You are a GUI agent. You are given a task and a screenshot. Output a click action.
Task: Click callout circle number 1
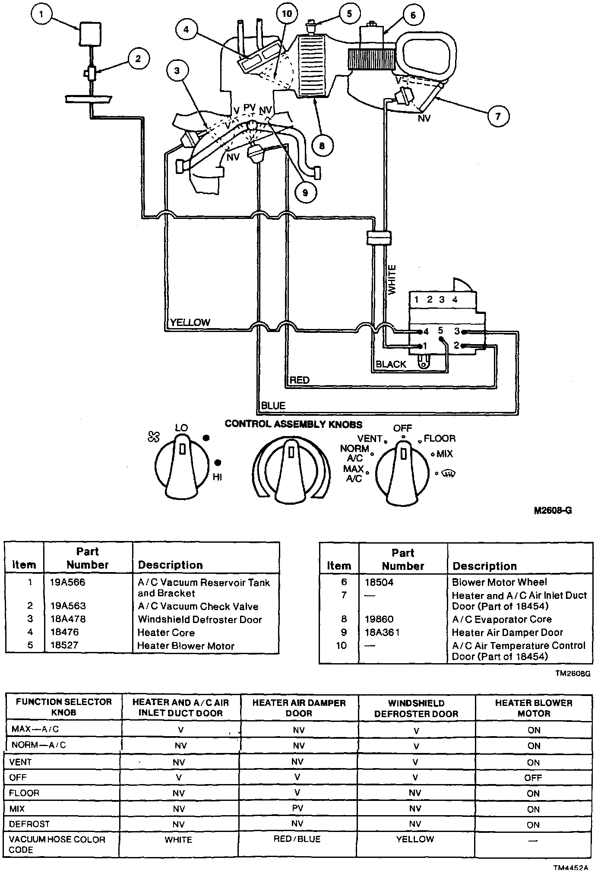tap(41, 14)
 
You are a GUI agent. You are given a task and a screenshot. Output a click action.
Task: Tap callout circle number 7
tap(498, 116)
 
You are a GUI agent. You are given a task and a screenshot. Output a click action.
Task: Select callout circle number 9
tap(305, 192)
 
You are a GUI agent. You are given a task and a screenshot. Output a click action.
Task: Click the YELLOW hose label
tap(190, 322)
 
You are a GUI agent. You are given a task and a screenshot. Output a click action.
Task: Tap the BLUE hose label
tap(273, 405)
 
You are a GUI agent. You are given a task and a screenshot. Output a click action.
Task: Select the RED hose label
tap(299, 380)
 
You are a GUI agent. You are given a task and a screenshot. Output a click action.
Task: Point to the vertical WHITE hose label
tap(392, 280)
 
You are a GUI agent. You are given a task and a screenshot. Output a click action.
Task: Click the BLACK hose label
tap(391, 364)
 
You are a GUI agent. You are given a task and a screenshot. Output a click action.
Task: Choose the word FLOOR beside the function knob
tap(440, 439)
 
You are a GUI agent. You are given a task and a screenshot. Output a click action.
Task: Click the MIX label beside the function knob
tap(445, 454)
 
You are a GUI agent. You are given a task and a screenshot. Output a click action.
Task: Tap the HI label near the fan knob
tap(217, 477)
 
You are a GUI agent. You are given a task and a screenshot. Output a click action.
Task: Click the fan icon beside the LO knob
tap(153, 437)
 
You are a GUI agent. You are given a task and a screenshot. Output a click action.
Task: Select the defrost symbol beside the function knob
tap(449, 474)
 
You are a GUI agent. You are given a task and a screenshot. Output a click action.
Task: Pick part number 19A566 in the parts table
tap(68, 582)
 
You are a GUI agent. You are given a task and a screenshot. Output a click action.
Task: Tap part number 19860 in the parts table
tap(379, 619)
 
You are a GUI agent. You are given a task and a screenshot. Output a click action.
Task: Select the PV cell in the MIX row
tap(297, 808)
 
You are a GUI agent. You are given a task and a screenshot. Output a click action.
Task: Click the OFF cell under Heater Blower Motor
tap(533, 778)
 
